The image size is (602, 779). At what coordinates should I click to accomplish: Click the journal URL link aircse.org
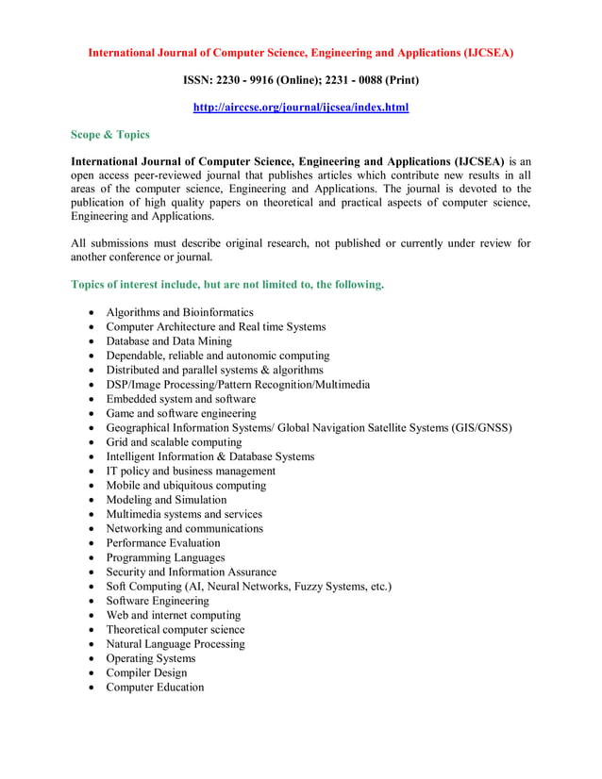(300, 108)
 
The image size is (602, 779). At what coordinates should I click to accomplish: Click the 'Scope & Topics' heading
(110, 135)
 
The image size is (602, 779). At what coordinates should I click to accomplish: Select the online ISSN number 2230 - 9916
(240, 80)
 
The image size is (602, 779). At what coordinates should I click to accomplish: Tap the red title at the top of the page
(300, 53)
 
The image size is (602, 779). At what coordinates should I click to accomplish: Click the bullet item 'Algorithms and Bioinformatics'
(179, 312)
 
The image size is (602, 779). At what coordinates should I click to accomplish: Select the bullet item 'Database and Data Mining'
(168, 341)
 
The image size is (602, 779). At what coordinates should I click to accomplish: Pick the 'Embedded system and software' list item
(180, 399)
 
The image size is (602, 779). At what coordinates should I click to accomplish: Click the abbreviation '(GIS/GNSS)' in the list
(481, 428)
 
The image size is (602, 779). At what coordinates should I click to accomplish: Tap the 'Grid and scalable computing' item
(174, 442)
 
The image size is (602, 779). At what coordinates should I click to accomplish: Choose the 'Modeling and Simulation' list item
(166, 500)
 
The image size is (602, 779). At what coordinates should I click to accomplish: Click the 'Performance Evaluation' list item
(162, 543)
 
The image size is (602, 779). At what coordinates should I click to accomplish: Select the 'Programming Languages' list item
(165, 557)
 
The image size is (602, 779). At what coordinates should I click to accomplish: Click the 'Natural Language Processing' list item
(175, 644)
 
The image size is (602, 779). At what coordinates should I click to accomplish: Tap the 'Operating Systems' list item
(150, 658)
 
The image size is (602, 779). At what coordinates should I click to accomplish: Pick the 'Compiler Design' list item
(146, 673)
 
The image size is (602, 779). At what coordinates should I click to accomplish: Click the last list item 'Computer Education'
(155, 688)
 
